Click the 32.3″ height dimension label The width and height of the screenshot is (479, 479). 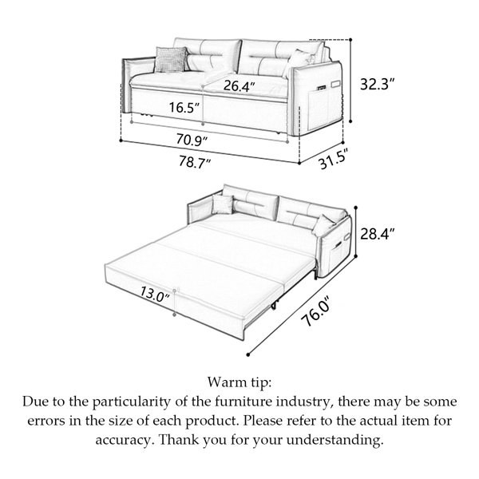point(377,84)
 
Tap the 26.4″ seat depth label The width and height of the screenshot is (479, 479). point(239,85)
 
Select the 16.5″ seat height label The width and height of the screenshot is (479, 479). point(184,107)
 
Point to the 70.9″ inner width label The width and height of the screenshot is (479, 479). point(192,140)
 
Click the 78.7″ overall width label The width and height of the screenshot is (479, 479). point(194,161)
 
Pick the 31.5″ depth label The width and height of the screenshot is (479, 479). point(334,159)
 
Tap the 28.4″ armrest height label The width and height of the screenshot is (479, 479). point(377,234)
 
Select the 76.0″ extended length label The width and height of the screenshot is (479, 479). point(316,311)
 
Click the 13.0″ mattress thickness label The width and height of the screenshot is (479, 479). point(155,294)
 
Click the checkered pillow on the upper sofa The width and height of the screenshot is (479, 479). point(171,59)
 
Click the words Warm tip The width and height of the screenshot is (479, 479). point(239,382)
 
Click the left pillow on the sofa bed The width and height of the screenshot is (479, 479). point(223,204)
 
